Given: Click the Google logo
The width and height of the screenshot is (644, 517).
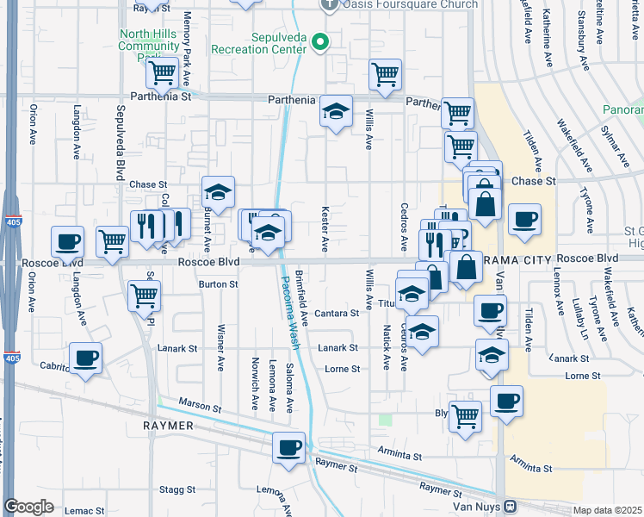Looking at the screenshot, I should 28,507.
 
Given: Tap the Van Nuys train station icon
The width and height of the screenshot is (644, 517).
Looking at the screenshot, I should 510,506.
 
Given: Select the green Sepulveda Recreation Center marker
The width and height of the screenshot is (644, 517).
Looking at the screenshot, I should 321,40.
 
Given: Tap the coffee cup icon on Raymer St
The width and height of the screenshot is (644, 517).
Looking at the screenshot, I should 289,447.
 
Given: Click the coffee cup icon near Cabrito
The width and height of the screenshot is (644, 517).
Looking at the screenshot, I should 85,357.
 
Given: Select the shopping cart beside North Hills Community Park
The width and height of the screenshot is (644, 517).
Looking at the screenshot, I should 161,74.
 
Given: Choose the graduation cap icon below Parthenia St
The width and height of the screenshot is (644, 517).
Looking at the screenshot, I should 336,111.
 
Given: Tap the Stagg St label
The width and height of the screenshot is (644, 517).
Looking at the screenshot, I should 177,489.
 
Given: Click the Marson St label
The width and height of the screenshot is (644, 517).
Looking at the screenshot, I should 201,403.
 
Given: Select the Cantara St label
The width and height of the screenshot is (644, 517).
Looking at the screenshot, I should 336,314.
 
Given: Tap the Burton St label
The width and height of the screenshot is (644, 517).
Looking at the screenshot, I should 218,283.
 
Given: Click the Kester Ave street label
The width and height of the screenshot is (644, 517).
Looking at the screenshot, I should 325,229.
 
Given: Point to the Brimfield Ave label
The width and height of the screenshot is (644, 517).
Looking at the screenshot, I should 302,295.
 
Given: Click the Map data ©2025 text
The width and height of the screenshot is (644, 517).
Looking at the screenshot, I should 607,510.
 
